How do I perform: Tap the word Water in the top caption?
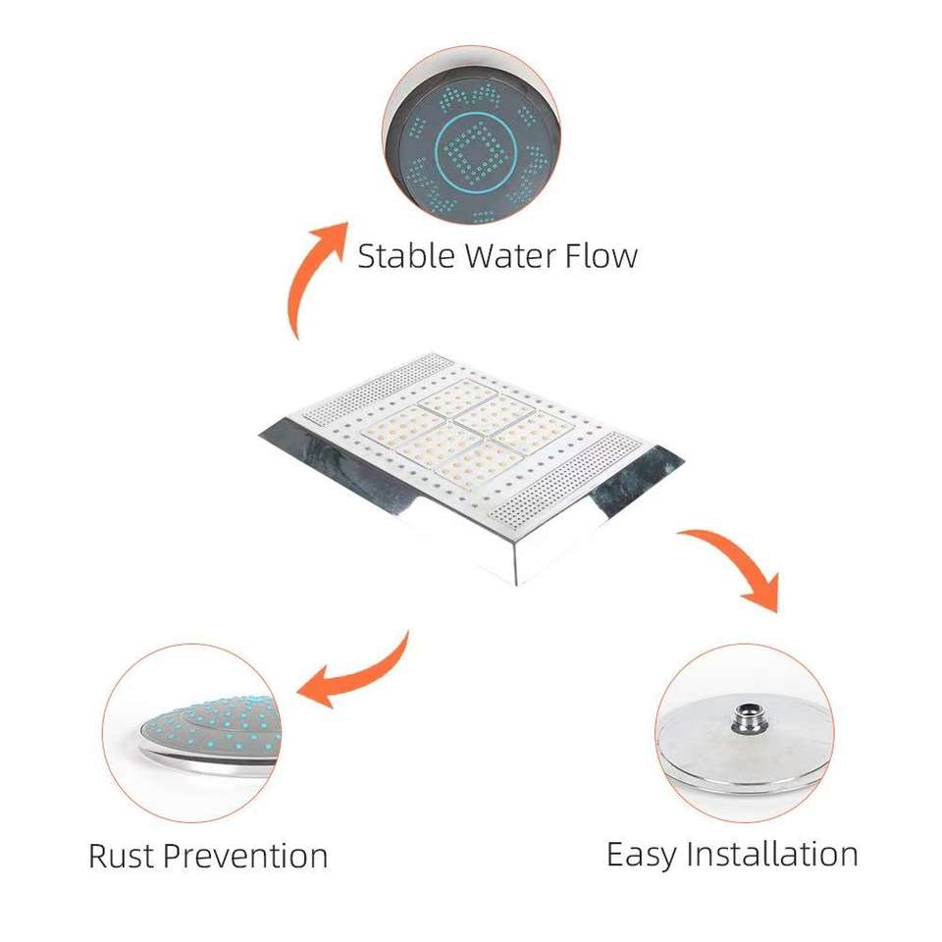(x=510, y=256)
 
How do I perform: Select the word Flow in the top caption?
(x=601, y=256)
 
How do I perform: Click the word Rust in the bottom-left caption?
(x=121, y=855)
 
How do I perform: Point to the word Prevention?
(x=244, y=855)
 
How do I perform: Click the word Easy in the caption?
(x=643, y=853)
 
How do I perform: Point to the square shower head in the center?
(x=471, y=461)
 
